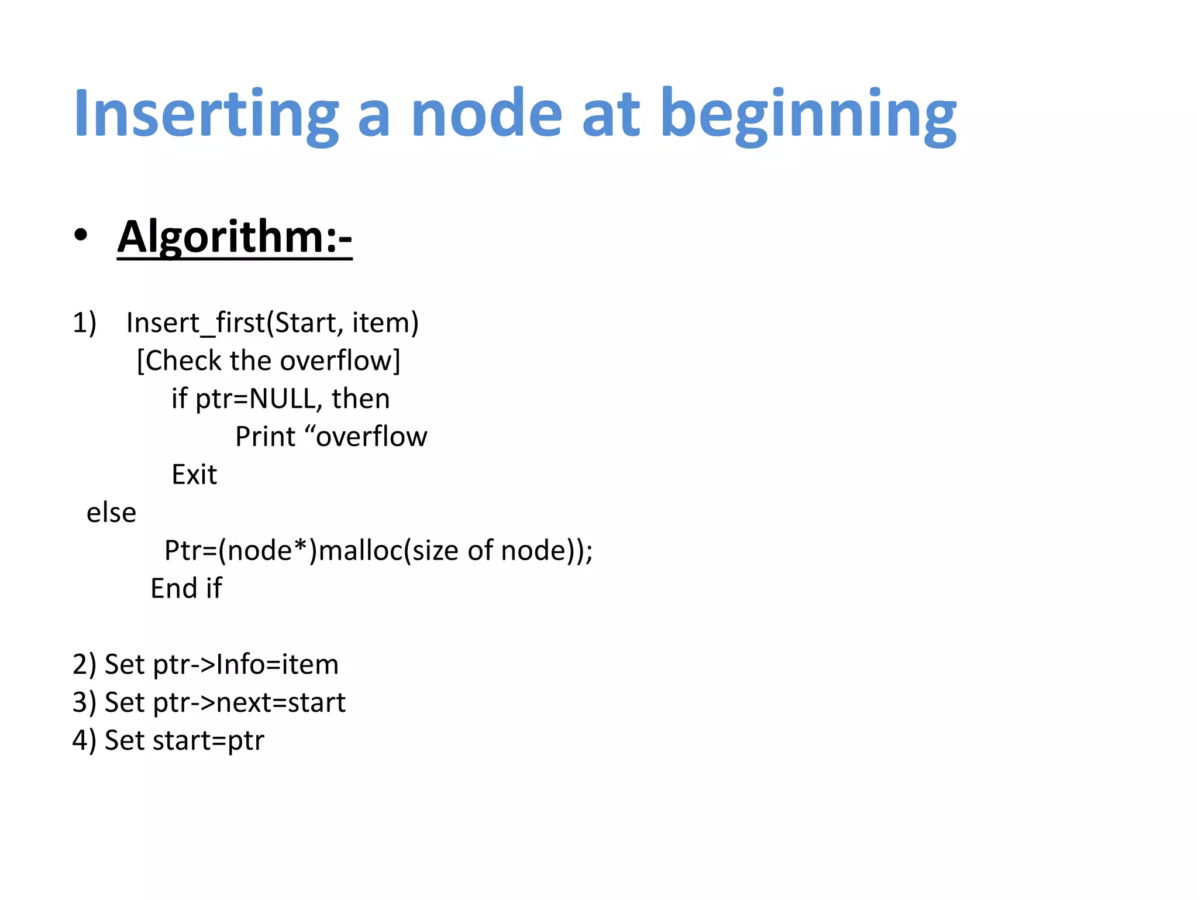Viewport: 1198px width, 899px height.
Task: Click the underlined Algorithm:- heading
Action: (235, 237)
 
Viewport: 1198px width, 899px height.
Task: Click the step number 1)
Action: (84, 323)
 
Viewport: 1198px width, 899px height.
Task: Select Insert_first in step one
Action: (195, 323)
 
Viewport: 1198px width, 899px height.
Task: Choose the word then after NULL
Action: (360, 399)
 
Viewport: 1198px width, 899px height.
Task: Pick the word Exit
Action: (194, 475)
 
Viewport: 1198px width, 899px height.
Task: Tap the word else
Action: (111, 513)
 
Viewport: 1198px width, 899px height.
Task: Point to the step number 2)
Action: (84, 665)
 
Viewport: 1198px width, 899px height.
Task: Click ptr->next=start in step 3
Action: (249, 703)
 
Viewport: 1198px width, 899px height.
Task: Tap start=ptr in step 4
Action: (209, 741)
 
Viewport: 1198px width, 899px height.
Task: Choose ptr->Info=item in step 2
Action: (246, 665)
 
